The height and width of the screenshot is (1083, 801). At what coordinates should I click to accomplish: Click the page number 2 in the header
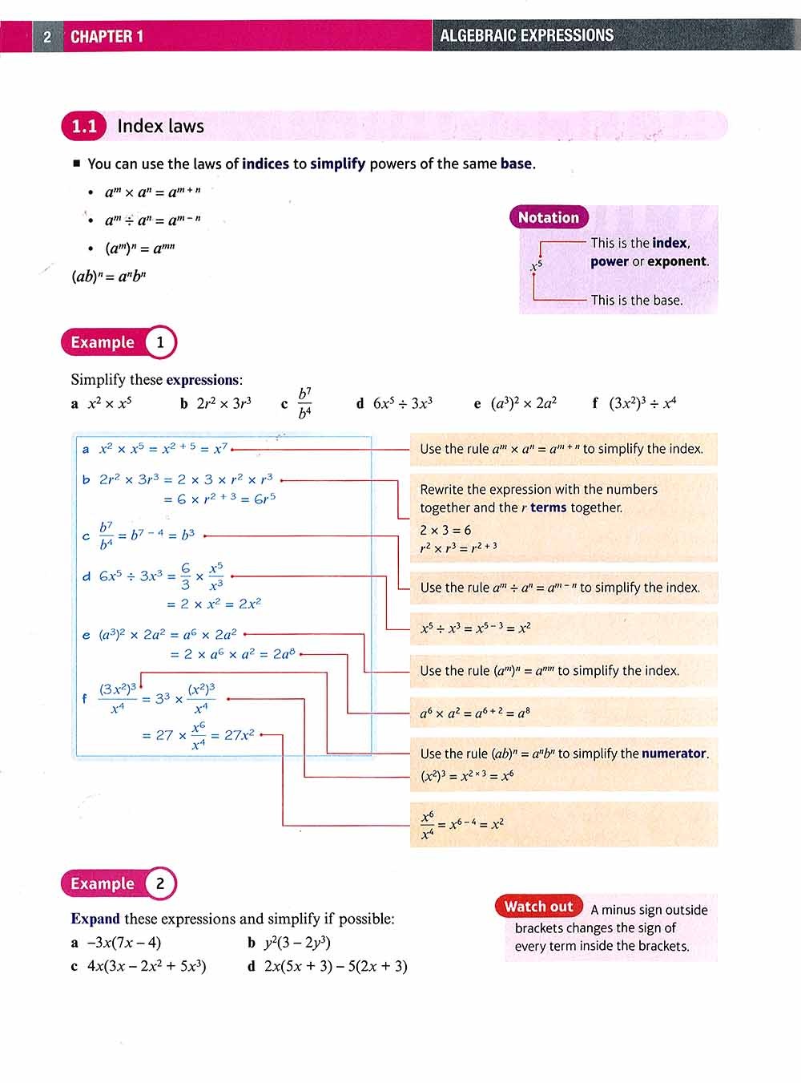coord(47,36)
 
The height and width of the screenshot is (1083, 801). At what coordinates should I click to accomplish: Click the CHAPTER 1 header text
coord(107,36)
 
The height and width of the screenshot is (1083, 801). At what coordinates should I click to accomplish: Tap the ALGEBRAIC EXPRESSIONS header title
coord(526,35)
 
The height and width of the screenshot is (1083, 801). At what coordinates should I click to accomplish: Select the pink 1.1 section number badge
coord(84,126)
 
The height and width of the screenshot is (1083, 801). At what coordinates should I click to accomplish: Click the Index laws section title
coord(160,126)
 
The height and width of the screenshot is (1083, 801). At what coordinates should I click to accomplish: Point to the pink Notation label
coord(548,217)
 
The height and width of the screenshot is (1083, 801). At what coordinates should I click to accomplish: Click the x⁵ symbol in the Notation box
coord(537,265)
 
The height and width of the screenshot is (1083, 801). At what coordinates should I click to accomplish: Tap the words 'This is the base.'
coord(637,300)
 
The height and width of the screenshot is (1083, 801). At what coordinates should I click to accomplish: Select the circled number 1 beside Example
coord(160,342)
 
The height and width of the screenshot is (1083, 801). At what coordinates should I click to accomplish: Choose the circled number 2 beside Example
coord(160,883)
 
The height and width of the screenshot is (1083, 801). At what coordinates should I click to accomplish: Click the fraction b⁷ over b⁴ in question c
coord(304,403)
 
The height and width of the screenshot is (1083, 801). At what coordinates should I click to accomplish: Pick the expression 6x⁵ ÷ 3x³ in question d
coord(403,403)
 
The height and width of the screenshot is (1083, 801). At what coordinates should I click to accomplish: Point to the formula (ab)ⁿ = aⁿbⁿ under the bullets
coord(109,277)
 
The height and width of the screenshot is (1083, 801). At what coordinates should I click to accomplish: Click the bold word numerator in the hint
coord(674,754)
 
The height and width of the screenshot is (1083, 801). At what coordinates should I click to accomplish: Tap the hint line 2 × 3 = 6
coord(445,530)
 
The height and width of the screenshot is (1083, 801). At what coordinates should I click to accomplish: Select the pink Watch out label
coord(538,907)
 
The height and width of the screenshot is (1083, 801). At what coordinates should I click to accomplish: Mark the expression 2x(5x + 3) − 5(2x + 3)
coord(336,966)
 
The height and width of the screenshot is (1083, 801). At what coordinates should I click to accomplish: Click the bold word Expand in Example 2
coord(95,919)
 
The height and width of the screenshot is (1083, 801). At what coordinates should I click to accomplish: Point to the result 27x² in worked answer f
coord(239,734)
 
